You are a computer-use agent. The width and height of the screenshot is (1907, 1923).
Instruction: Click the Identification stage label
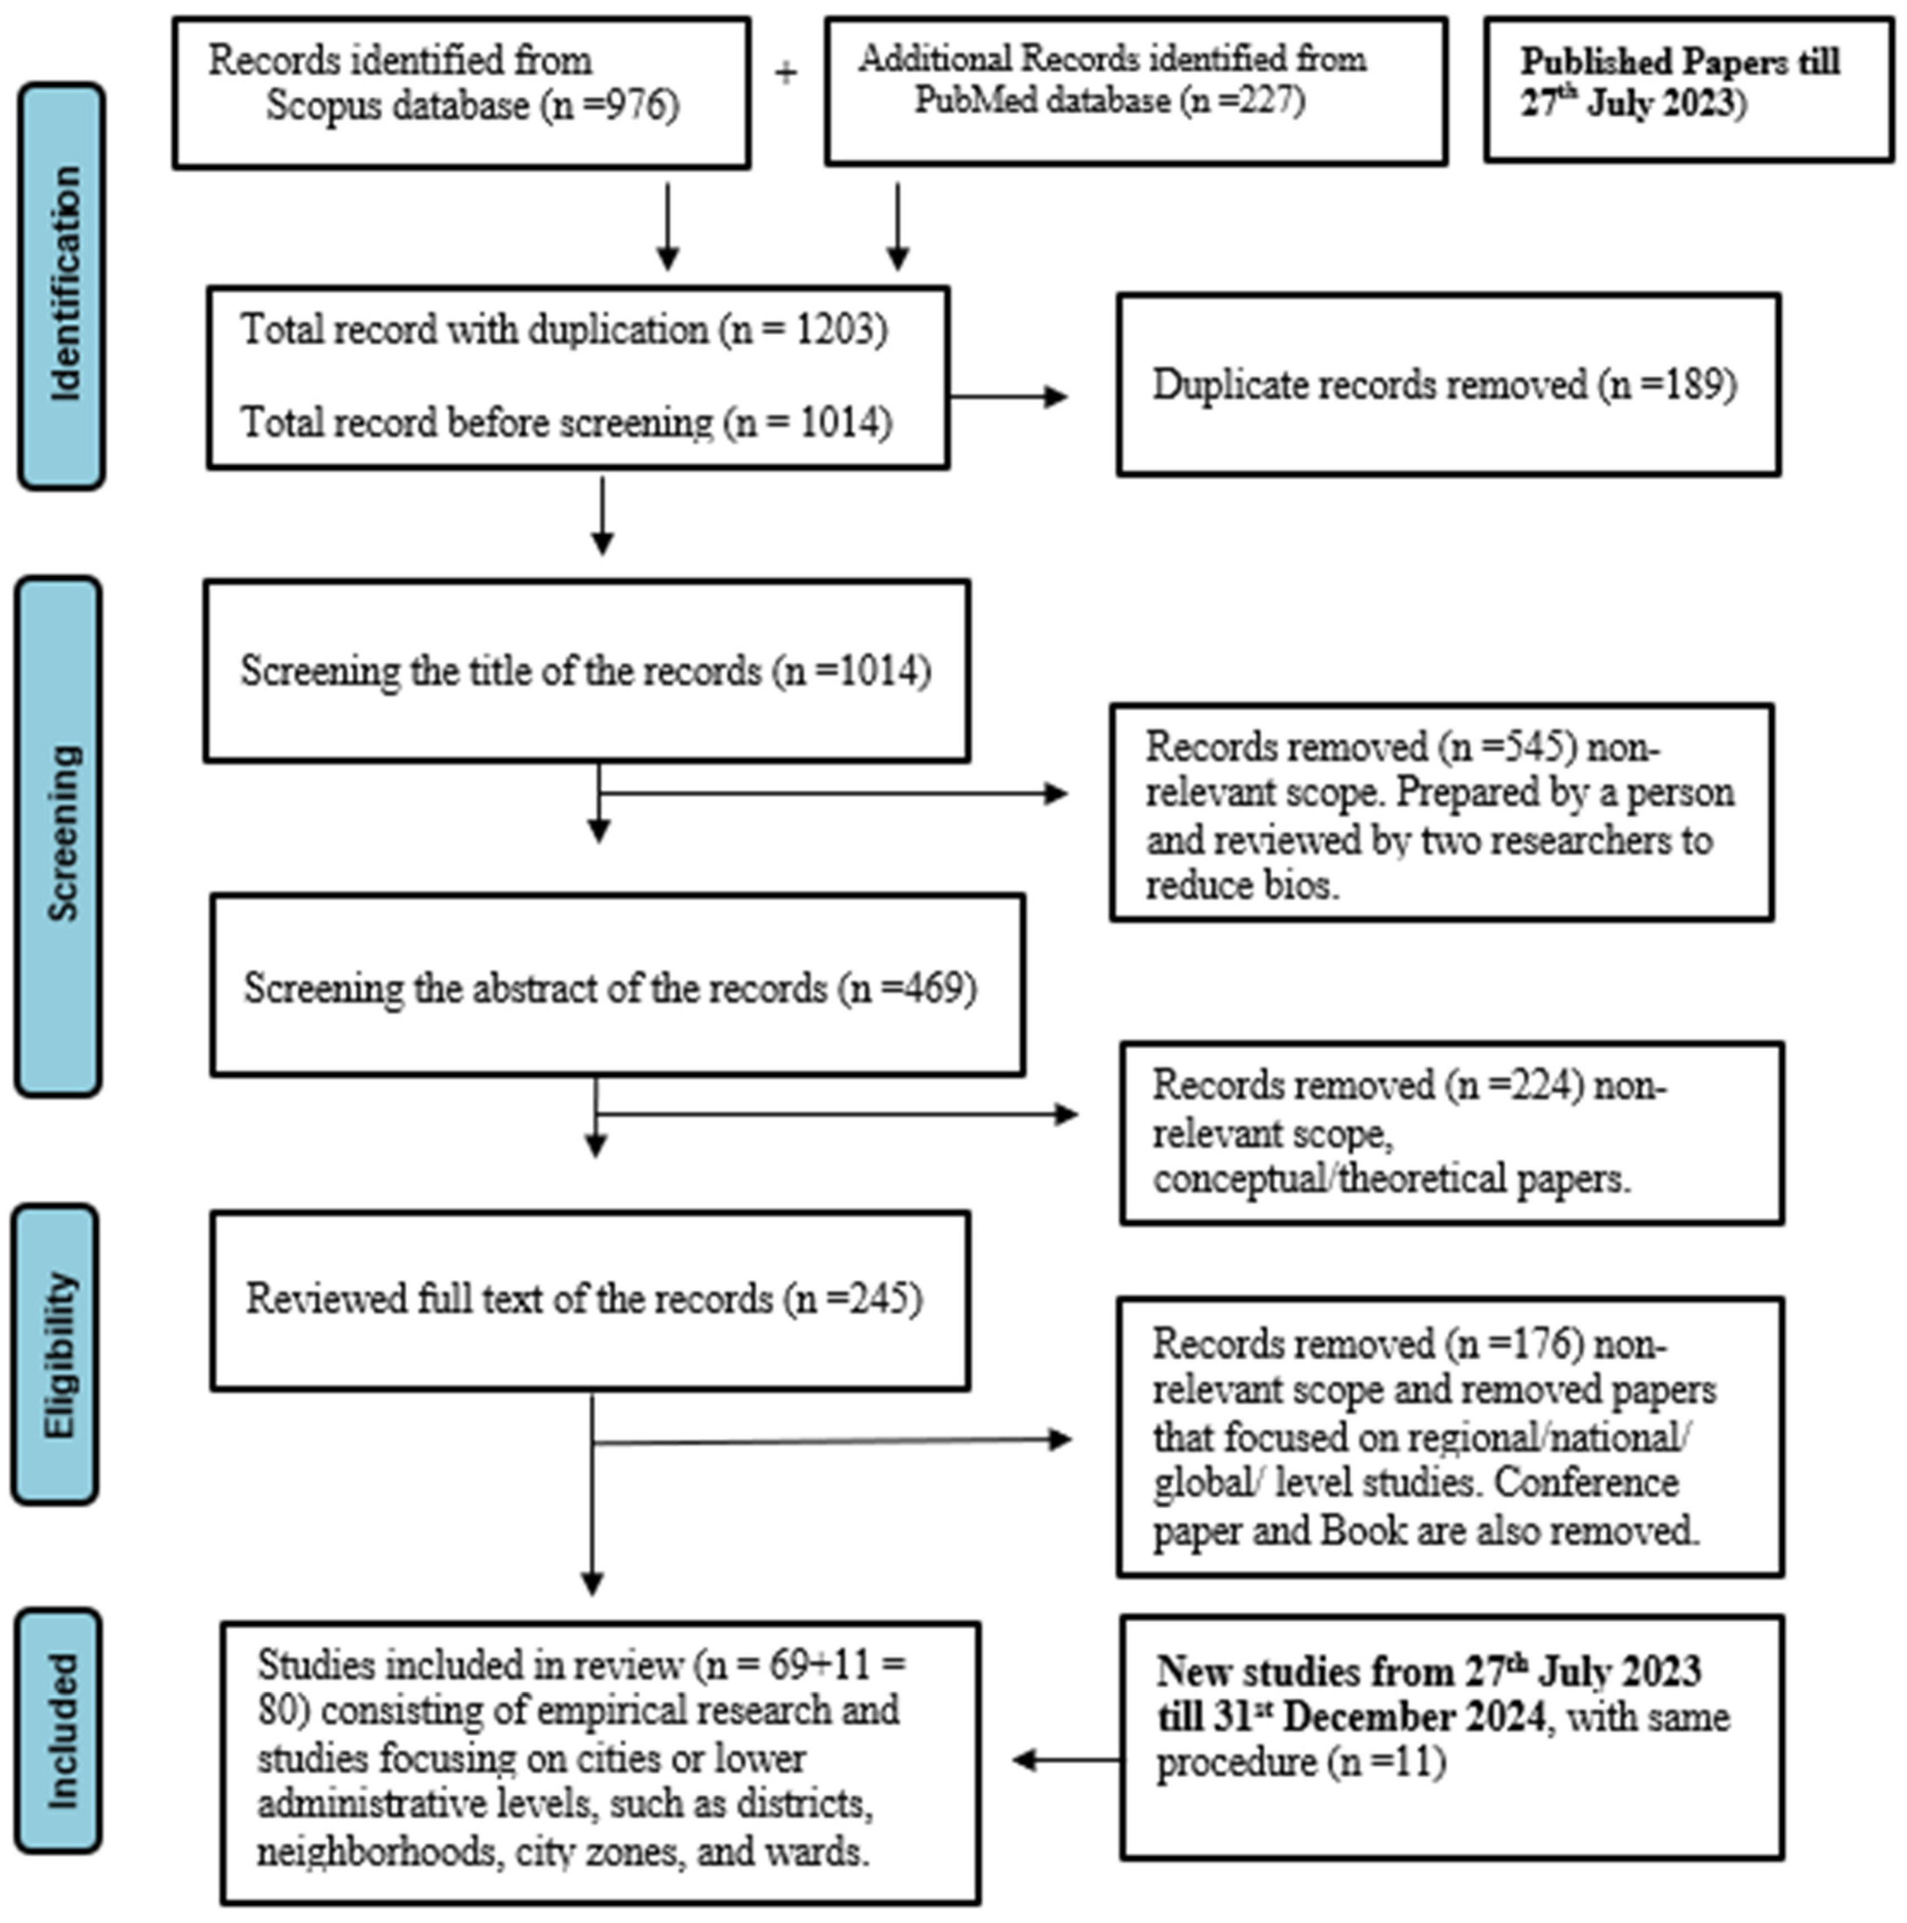62,285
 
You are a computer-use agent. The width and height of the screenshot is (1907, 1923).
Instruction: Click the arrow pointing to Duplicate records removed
1010,397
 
